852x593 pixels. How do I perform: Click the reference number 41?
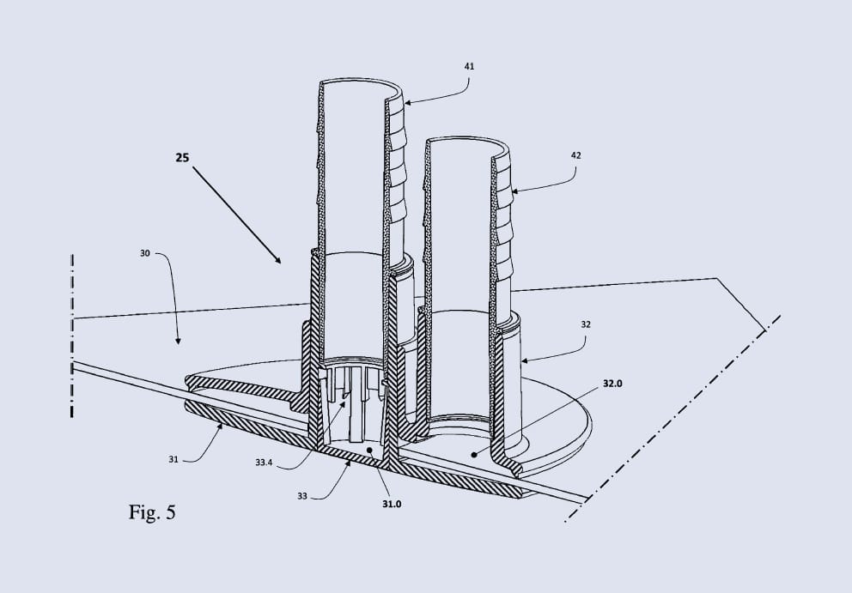[470, 66]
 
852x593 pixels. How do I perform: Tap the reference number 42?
[576, 155]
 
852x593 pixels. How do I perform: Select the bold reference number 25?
[183, 158]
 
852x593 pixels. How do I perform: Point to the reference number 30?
[145, 253]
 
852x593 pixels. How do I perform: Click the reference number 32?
[585, 324]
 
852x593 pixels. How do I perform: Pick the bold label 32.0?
[612, 384]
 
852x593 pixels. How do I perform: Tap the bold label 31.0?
[392, 504]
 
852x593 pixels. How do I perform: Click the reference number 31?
[173, 459]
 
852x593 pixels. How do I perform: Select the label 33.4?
[264, 463]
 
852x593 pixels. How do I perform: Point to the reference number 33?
[302, 496]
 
